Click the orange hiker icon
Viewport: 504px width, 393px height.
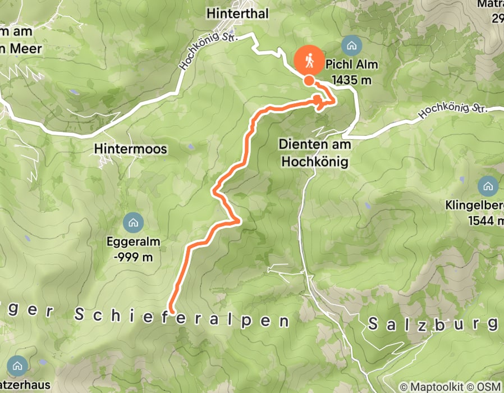[x=309, y=60]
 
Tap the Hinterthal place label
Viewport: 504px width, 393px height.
[x=238, y=13]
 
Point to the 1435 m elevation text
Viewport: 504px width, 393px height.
[x=352, y=80]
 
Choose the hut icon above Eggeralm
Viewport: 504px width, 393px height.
[x=133, y=223]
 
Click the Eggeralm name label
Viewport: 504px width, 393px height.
[x=133, y=243]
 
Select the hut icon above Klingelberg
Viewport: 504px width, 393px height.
[x=487, y=186]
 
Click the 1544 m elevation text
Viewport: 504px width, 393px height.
[x=485, y=221]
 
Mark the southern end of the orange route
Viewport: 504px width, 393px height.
[x=172, y=310]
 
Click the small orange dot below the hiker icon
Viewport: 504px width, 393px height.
[x=309, y=81]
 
